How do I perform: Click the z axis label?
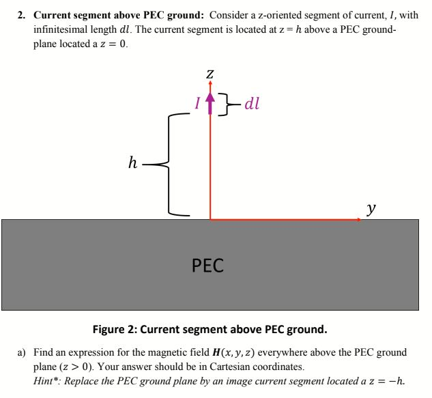click(210, 72)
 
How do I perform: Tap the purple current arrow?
click(210, 102)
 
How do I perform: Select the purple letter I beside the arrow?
click(198, 104)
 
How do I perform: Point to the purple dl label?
click(251, 104)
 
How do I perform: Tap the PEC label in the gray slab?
click(208, 265)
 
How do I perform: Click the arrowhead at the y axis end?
click(358, 219)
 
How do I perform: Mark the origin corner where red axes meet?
click(210, 219)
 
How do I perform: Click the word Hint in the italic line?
click(47, 381)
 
